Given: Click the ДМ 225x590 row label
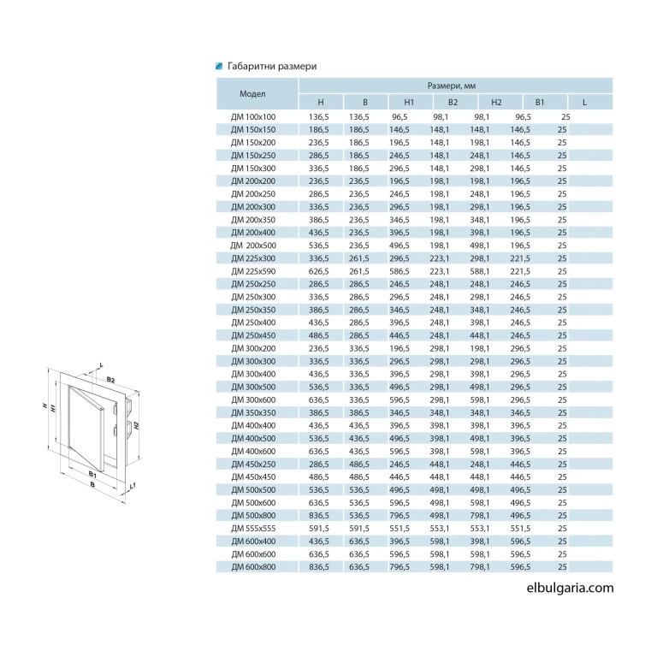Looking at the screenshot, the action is coord(253,271).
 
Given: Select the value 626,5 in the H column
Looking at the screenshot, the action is coord(319,271).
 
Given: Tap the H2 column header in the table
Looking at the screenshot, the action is coord(496,103).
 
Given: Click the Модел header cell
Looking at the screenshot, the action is coord(252,93).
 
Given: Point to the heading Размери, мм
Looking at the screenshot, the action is coord(452,86).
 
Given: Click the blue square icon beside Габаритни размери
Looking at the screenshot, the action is coord(219,66).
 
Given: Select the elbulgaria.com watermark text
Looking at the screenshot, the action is coord(570,588).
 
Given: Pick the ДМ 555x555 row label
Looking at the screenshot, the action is coord(253,529).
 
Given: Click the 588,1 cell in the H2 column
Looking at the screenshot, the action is coord(479,271).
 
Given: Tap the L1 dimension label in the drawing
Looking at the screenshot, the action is coord(133,486).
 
